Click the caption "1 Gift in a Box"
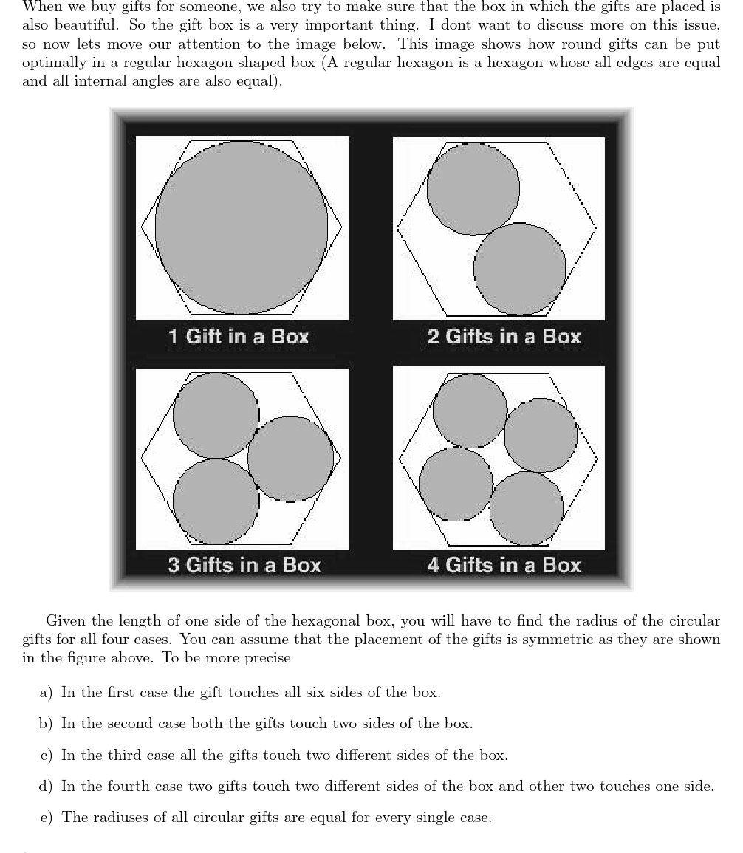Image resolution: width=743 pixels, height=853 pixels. coord(239,337)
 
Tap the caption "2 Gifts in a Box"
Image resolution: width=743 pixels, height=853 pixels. coord(504,337)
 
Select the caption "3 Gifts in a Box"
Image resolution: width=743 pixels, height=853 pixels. coord(244,566)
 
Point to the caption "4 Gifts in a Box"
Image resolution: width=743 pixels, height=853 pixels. coord(504,566)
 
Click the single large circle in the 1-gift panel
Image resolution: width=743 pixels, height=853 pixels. coord(242,227)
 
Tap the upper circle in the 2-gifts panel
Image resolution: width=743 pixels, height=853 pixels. coord(473,189)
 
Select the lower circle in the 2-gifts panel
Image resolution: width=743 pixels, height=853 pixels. coord(520,268)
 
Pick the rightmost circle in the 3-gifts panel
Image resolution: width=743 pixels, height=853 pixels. coord(290,459)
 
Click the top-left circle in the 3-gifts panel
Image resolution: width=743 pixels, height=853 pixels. coord(216,415)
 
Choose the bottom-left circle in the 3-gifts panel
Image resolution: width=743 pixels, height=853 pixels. coord(216,501)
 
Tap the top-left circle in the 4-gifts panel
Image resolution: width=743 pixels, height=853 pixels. coord(470,411)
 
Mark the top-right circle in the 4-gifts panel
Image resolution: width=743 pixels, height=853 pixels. coord(541,435)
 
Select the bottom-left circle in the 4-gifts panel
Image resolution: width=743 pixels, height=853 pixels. coord(456,484)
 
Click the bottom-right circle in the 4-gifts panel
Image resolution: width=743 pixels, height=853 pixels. coord(526,508)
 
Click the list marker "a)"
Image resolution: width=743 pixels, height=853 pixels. coord(46,693)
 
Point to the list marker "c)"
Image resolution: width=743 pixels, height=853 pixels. coord(46,756)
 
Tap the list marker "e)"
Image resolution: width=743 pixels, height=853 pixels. coord(46,818)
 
